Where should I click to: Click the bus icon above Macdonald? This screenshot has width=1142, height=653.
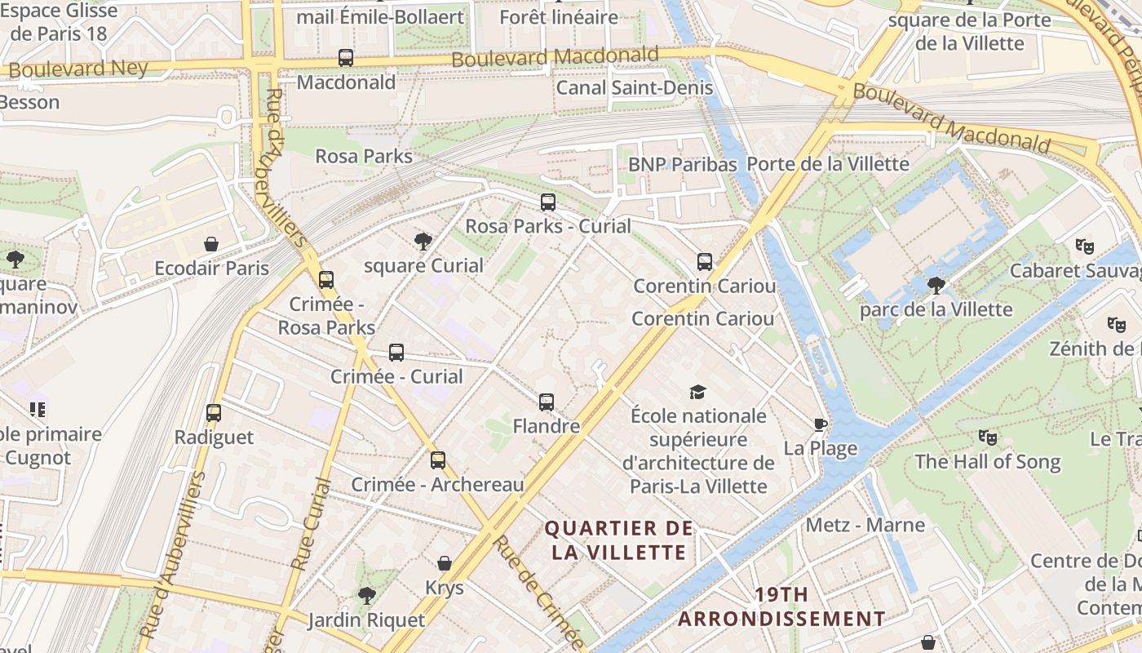point(346,58)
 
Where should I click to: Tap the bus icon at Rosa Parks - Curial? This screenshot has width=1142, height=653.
point(548,202)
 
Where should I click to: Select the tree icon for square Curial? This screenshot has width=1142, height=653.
point(423,241)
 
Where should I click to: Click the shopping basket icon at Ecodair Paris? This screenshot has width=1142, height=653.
point(211,244)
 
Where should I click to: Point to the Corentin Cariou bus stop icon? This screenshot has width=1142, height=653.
point(705,262)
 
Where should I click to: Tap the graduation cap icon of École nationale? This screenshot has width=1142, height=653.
point(697,392)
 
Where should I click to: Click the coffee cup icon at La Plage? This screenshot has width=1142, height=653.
point(821,424)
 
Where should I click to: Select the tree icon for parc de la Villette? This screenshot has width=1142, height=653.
point(936,285)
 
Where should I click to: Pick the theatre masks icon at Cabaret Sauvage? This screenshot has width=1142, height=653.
point(1084,246)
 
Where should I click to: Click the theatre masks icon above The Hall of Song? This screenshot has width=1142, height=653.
point(987,437)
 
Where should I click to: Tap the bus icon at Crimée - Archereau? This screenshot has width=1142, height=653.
point(438,460)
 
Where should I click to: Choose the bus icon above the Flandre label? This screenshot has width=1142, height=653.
point(547,402)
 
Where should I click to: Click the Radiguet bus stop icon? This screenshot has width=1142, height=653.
point(214,413)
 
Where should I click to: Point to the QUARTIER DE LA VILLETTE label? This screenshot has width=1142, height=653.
point(618,540)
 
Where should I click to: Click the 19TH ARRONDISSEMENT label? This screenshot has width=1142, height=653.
point(781,606)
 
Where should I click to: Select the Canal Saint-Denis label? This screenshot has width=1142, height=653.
point(634,87)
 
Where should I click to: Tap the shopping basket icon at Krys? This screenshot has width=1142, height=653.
point(445,563)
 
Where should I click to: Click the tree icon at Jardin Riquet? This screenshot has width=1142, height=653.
point(367,595)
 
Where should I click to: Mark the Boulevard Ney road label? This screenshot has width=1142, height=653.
point(78,69)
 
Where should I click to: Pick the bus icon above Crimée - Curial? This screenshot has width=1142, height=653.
point(396,353)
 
